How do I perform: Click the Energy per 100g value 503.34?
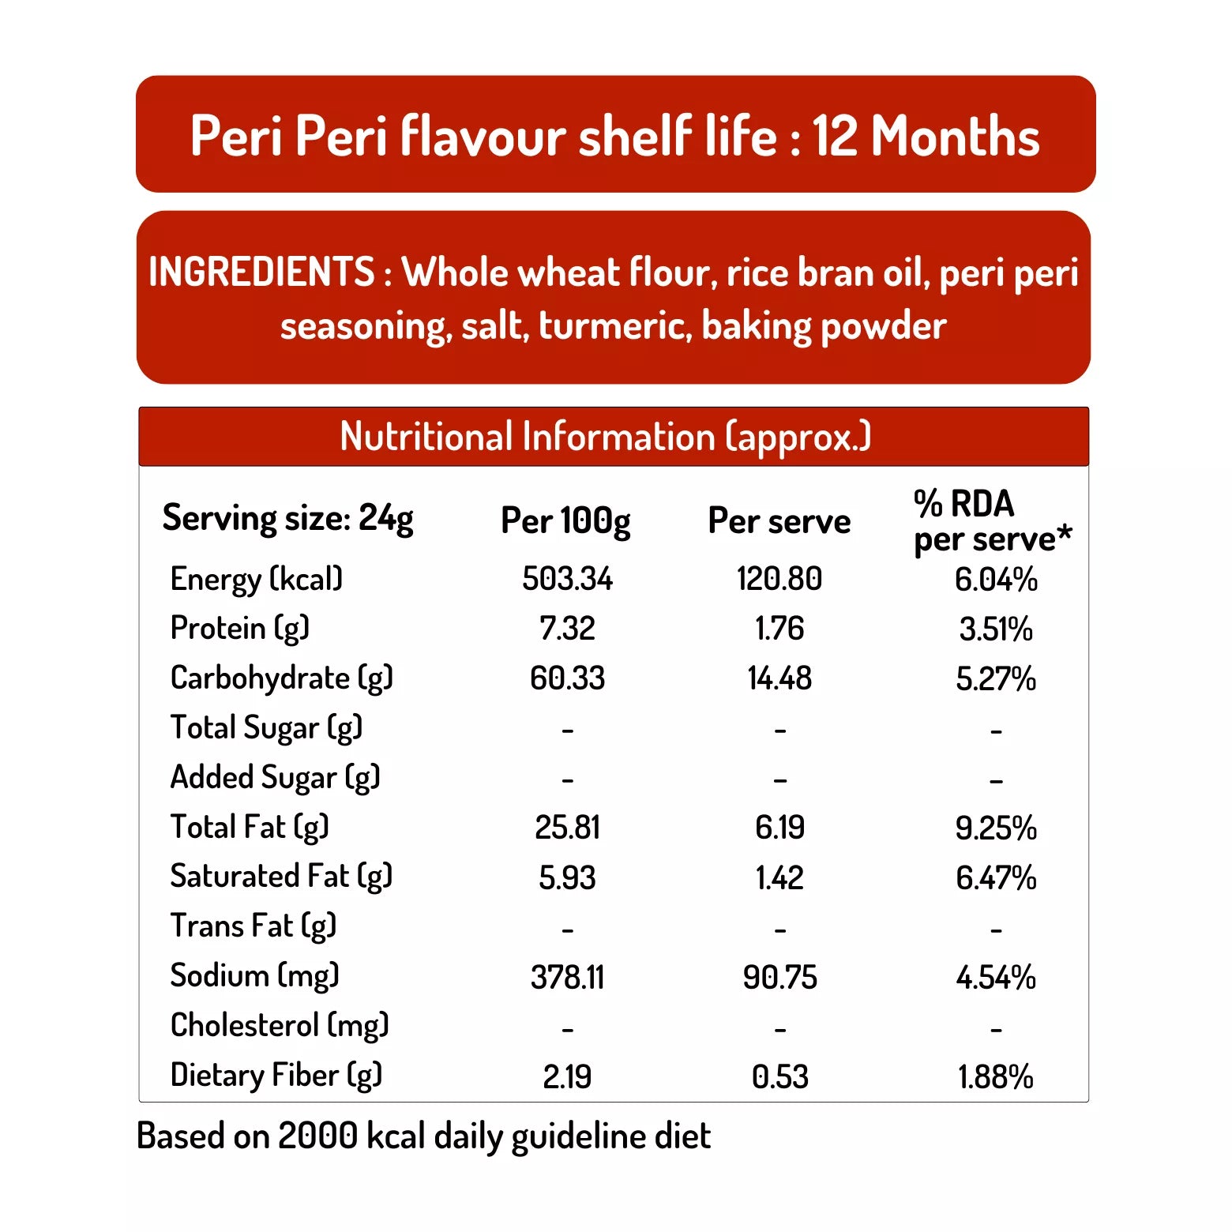coord(567,579)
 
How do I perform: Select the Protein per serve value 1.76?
coord(779,629)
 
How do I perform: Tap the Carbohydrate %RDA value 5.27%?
coord(996,678)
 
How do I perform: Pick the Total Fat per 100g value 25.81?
coord(567,828)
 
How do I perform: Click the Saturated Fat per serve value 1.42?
coord(779,877)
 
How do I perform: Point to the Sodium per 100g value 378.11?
coord(567,978)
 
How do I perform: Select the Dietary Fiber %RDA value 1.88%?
coord(996,1076)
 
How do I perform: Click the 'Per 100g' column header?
coord(565,521)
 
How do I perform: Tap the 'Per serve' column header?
coord(779,521)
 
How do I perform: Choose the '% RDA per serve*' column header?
coord(992,521)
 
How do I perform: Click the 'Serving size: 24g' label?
coord(287,519)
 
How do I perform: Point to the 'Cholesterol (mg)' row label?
coord(280,1026)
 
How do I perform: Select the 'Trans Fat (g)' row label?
coord(254,926)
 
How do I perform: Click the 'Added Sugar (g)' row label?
coord(275,778)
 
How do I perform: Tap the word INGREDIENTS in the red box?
coord(261,272)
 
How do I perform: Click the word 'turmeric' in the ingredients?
coord(615,326)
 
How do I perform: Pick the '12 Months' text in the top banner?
coord(926,136)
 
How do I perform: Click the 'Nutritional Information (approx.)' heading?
coord(605,437)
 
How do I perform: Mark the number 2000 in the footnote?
coord(318,1136)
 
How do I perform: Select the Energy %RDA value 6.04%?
coord(996,580)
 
